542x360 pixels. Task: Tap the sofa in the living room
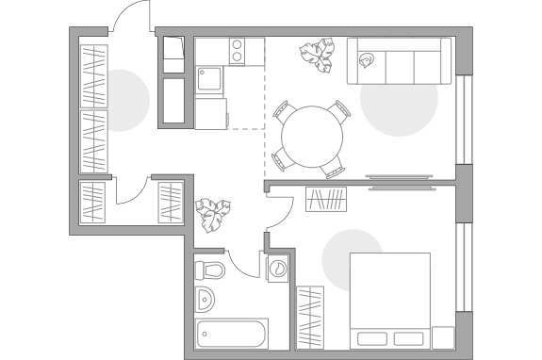(399, 61)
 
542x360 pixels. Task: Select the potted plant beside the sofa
(318, 56)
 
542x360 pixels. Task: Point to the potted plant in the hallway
(213, 215)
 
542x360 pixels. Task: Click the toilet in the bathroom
(210, 271)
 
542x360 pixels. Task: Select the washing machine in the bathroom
(279, 270)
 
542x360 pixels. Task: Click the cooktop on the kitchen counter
(237, 48)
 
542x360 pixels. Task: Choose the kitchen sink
(209, 78)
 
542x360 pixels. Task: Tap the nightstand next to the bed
(443, 337)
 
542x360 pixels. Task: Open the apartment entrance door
(130, 19)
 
